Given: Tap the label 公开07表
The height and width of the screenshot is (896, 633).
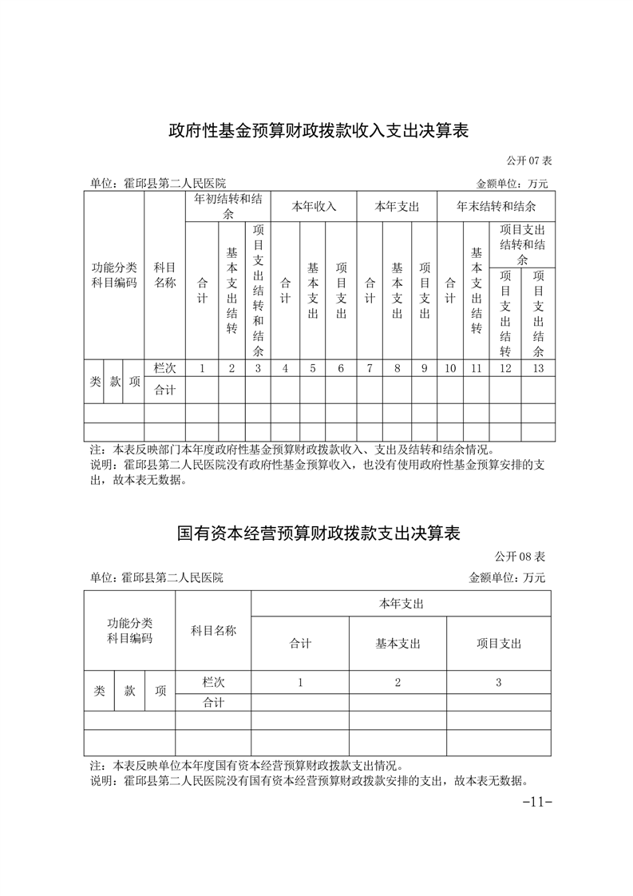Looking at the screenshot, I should [x=528, y=161].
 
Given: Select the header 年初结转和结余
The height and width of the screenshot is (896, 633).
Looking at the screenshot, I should [x=230, y=207].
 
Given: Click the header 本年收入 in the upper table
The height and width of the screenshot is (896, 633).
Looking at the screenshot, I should [x=314, y=206].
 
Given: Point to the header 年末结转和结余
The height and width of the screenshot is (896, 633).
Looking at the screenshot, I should [x=496, y=206].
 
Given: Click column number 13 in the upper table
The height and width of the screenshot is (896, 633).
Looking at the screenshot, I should [x=538, y=368].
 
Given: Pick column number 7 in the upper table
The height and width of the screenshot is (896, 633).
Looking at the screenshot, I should [x=370, y=368].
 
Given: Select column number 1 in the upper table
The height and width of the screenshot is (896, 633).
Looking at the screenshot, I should [x=202, y=368].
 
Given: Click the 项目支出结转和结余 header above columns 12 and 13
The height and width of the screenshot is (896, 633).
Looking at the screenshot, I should [x=522, y=244].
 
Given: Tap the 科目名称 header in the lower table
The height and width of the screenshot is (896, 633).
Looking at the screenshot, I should [x=213, y=631].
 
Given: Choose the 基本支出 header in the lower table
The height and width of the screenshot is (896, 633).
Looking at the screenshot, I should [x=398, y=644].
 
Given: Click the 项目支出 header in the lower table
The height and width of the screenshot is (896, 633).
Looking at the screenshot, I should [x=499, y=644].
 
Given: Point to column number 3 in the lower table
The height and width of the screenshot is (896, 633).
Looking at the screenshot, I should [x=499, y=683].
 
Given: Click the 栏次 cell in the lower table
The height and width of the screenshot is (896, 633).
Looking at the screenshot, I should [x=213, y=683].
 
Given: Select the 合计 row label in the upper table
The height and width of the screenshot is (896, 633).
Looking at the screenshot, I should [x=164, y=391].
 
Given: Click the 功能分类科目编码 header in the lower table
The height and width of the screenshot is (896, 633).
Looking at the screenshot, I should [x=130, y=631].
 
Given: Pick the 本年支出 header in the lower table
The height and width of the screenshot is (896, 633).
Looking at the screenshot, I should [x=401, y=604].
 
